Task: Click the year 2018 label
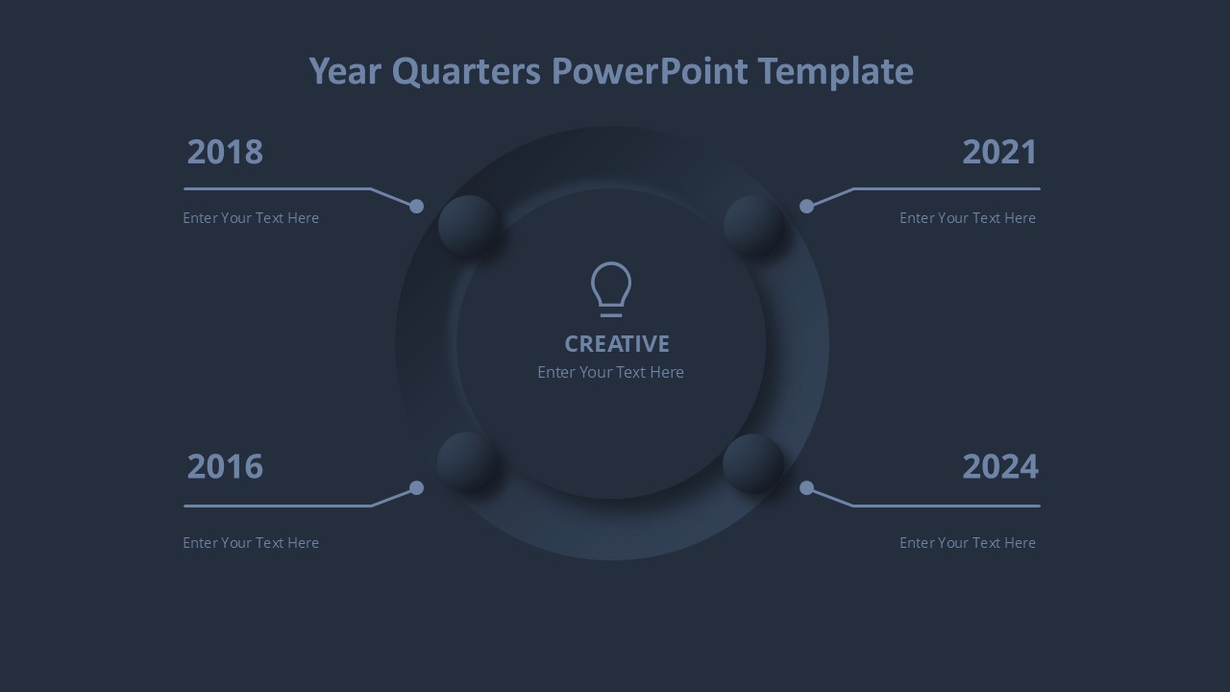(x=225, y=152)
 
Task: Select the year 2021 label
(x=999, y=152)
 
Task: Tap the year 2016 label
(x=225, y=466)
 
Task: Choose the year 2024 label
(x=1000, y=466)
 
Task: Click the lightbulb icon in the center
(x=611, y=289)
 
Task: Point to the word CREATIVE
(x=617, y=344)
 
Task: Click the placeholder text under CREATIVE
(x=610, y=372)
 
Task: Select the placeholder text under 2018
(x=251, y=218)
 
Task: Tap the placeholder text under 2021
(x=968, y=218)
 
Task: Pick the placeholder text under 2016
(x=251, y=543)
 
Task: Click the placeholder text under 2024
(x=968, y=543)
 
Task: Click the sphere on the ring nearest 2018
(x=468, y=225)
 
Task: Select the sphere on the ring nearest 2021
(x=753, y=225)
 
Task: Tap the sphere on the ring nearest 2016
(x=468, y=462)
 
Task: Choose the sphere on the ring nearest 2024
(x=752, y=463)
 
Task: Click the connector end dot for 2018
(x=417, y=207)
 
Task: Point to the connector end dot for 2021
(x=806, y=207)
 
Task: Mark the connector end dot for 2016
(x=417, y=487)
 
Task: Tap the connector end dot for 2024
(x=806, y=487)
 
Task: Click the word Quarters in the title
(x=466, y=72)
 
